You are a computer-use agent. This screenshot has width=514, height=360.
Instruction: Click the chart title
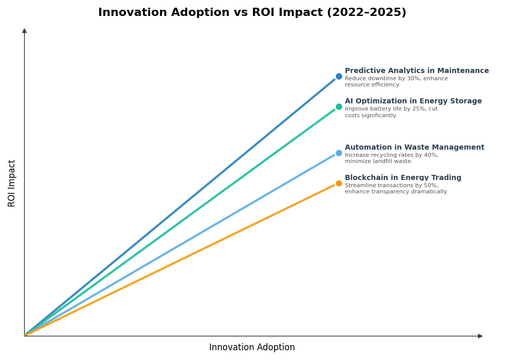[x=252, y=13]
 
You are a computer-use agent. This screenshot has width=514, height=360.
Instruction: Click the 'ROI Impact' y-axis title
[x=12, y=183]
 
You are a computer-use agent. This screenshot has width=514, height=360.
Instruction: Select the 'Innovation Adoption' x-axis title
[x=252, y=348]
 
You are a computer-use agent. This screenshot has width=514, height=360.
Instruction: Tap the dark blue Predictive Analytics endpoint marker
[x=339, y=77]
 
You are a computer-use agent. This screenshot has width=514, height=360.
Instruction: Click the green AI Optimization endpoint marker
[x=339, y=107]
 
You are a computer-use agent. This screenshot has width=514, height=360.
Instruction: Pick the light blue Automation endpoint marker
[x=339, y=153]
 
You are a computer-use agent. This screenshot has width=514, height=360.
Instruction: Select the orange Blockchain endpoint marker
[x=339, y=183]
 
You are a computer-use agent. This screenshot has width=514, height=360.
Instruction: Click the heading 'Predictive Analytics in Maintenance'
[x=416, y=71]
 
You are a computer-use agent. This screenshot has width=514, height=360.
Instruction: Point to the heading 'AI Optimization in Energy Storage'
[x=413, y=101]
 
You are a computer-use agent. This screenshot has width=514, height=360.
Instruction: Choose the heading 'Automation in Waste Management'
[x=414, y=148]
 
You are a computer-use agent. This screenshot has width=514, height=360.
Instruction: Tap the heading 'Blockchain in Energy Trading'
[x=403, y=178]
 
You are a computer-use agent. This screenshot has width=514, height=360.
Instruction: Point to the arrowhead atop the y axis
[x=24, y=31]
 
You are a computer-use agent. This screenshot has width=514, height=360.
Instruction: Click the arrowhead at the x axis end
[x=480, y=336]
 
